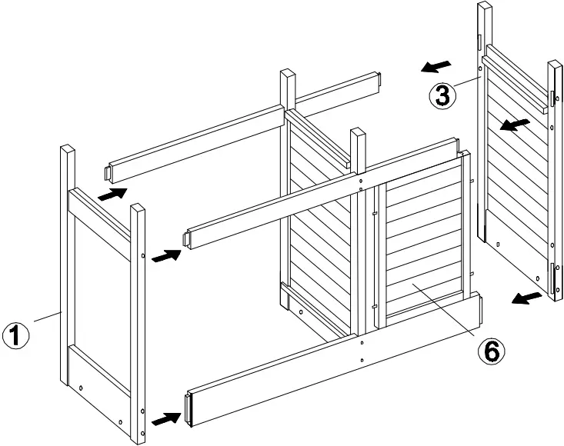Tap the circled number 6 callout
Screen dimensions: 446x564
click(491, 351)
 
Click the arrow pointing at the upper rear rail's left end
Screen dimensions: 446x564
click(112, 193)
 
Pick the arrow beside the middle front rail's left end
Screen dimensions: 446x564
click(167, 255)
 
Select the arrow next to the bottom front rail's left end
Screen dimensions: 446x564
click(167, 419)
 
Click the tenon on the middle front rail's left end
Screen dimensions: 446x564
click(186, 238)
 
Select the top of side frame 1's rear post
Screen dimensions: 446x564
click(68, 150)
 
